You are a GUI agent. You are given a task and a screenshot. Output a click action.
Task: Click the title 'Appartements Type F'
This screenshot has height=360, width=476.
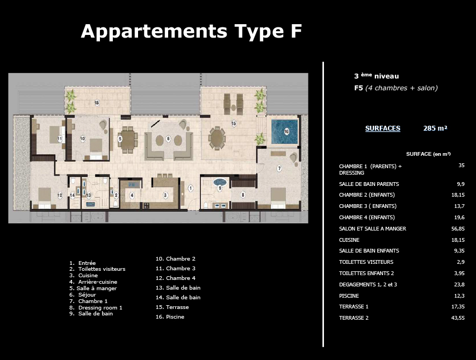click(x=191, y=32)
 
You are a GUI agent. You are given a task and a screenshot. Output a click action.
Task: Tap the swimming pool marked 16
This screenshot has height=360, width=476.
click(x=284, y=132)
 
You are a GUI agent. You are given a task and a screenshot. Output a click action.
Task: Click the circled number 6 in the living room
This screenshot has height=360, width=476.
click(x=169, y=139)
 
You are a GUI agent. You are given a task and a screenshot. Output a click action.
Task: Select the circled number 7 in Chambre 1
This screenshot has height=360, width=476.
click(x=279, y=169)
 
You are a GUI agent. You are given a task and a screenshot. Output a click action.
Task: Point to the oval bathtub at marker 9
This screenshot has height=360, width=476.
click(x=220, y=182)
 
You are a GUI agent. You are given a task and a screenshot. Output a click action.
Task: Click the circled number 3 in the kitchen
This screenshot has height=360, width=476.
click(x=165, y=195)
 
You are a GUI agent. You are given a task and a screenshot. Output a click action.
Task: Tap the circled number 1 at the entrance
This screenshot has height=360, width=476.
click(x=191, y=188)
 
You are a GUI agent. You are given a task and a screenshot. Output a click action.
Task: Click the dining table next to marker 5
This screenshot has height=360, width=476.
click(x=128, y=140)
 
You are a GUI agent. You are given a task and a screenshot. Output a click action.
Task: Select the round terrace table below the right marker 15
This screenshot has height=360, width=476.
click(x=217, y=138)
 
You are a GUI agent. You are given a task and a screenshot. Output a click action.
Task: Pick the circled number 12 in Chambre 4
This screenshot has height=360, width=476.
click(x=60, y=196)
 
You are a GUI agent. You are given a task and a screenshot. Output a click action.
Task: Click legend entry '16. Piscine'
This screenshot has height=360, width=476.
click(x=170, y=317)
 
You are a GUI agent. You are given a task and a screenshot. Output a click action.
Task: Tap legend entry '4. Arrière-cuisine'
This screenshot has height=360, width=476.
click(x=93, y=282)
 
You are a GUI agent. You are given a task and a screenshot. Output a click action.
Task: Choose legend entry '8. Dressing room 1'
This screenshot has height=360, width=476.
click(x=96, y=307)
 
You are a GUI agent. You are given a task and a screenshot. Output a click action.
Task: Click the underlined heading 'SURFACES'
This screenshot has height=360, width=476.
click(x=383, y=128)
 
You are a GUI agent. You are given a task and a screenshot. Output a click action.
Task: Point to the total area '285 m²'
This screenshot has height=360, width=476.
click(x=435, y=128)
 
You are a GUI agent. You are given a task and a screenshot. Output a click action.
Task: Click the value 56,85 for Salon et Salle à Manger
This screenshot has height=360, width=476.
click(x=458, y=228)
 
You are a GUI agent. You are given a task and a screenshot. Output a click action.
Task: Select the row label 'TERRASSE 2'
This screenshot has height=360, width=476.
click(x=354, y=318)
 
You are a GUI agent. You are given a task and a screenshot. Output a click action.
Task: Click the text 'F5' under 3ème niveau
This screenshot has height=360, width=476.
click(x=358, y=88)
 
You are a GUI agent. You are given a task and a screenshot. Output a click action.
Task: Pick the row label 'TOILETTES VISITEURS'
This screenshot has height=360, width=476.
click(x=366, y=262)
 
